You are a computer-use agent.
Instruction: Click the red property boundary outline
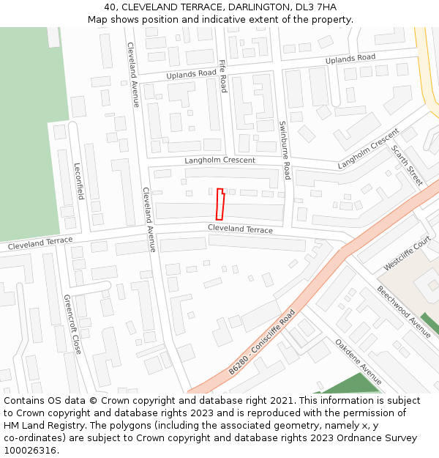(219, 204)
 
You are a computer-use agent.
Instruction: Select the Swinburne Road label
(284, 150)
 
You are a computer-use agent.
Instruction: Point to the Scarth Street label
(407, 165)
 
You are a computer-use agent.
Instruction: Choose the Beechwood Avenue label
(404, 311)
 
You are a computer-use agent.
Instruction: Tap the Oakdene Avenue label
(359, 361)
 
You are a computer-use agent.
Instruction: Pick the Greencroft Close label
(72, 325)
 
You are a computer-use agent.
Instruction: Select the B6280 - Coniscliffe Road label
(261, 342)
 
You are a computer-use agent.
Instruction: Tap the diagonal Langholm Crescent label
(368, 149)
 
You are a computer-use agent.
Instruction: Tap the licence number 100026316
(31, 451)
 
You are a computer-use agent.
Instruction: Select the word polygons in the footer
(165, 426)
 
